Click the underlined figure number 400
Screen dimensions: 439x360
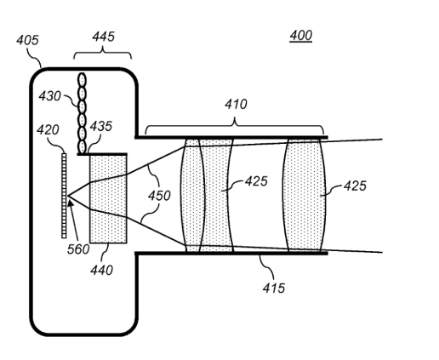[301, 36]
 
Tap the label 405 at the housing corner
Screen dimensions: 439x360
[27, 40]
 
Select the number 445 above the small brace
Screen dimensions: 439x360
[103, 37]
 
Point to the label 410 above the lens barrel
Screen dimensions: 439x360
[236, 104]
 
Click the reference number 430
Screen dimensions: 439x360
[49, 96]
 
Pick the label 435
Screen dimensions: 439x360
[101, 126]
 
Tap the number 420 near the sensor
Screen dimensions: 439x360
[48, 130]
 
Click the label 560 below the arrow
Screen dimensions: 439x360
[78, 249]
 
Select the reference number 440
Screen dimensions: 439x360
[101, 270]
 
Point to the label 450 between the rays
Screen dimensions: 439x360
[159, 196]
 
